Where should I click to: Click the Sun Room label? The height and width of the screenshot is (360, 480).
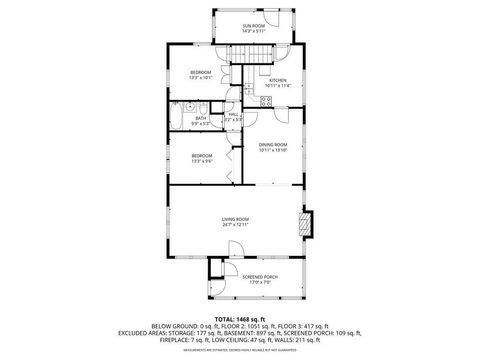[253, 25]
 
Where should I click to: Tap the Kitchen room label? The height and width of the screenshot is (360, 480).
[277, 80]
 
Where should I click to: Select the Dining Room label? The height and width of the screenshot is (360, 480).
[273, 144]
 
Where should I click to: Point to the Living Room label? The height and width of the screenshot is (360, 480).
[235, 219]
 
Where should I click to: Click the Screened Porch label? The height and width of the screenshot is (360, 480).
[260, 276]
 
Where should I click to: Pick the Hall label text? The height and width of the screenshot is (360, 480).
[232, 114]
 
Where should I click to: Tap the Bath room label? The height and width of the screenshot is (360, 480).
[201, 118]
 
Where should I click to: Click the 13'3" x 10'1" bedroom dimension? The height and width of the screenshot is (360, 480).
[201, 78]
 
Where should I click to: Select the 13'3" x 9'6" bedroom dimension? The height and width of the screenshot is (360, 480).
[201, 161]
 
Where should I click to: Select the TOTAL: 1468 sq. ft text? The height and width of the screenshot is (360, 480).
[239, 317]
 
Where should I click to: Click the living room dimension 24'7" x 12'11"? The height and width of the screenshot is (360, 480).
[235, 225]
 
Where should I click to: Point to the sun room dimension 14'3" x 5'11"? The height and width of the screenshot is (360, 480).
[253, 31]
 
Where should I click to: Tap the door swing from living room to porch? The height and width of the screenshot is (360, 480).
[218, 265]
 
